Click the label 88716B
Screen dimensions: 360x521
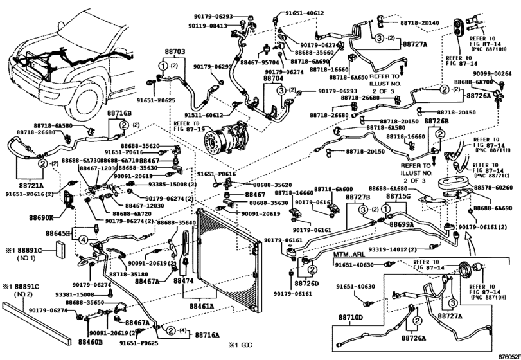pyautogui.click(x=119, y=113)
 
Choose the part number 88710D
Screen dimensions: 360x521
pyautogui.click(x=351, y=317)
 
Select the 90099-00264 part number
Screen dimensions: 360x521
pyautogui.click(x=492, y=74)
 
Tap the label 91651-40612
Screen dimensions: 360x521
pyautogui.click(x=302, y=13)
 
